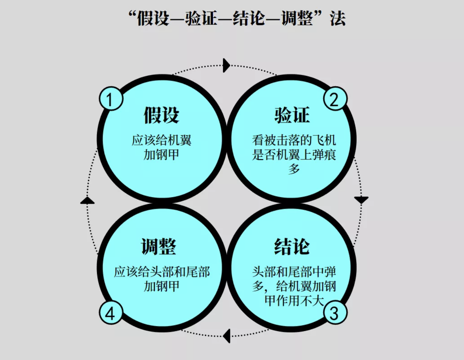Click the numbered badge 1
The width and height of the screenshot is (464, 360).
tap(111, 99)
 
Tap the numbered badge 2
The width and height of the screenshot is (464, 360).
tap(335, 99)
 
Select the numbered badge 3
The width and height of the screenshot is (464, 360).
tap(335, 313)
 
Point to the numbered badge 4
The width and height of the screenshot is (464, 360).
tap(111, 313)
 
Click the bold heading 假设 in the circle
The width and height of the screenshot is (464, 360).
tap(162, 115)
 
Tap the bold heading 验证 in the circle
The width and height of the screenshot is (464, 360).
tap(292, 115)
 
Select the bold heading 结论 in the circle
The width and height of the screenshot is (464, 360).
tap(292, 246)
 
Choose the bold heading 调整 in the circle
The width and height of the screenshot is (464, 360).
tap(159, 246)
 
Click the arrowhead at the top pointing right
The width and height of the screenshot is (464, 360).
tap(227, 65)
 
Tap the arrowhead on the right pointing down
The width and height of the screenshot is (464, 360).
tap(361, 200)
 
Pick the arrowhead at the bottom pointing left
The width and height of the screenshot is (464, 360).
tap(227, 336)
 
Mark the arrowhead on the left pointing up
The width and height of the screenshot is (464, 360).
tap(87, 200)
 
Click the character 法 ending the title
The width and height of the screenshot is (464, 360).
tap(337, 18)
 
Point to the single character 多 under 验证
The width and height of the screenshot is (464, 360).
tap(294, 169)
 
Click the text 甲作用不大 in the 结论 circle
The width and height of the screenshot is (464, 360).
tap(294, 300)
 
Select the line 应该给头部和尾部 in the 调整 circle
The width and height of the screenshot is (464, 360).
tap(162, 272)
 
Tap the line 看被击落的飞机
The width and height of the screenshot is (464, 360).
tap(294, 140)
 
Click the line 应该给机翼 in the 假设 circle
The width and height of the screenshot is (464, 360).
tap(162, 140)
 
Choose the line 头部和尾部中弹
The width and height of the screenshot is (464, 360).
tap(294, 272)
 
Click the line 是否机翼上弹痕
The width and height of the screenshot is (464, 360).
tap(294, 155)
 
